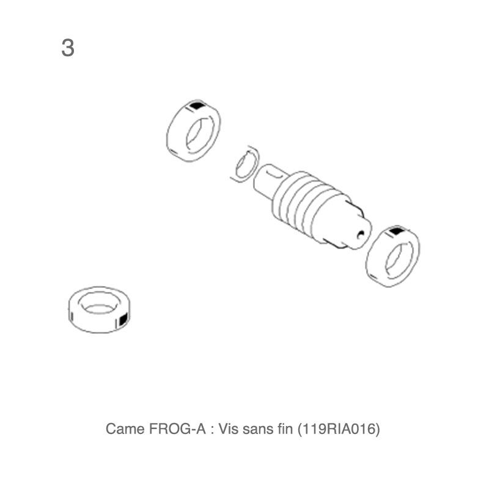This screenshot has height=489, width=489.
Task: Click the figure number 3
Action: point(68,48)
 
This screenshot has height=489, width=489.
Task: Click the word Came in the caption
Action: point(125,429)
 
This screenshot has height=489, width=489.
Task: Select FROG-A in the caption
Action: point(177,429)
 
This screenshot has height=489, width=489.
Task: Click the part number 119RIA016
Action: point(339,429)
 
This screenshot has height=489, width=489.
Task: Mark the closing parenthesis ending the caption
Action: point(378,429)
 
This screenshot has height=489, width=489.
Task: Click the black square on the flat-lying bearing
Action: point(124,320)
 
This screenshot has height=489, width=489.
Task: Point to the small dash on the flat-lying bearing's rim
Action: point(72,317)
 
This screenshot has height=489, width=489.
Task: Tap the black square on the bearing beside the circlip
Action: point(196,105)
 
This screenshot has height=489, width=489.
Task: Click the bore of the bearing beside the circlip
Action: point(199,135)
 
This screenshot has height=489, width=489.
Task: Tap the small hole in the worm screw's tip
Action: point(361,235)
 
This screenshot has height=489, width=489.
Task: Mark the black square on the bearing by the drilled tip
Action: point(396,231)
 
